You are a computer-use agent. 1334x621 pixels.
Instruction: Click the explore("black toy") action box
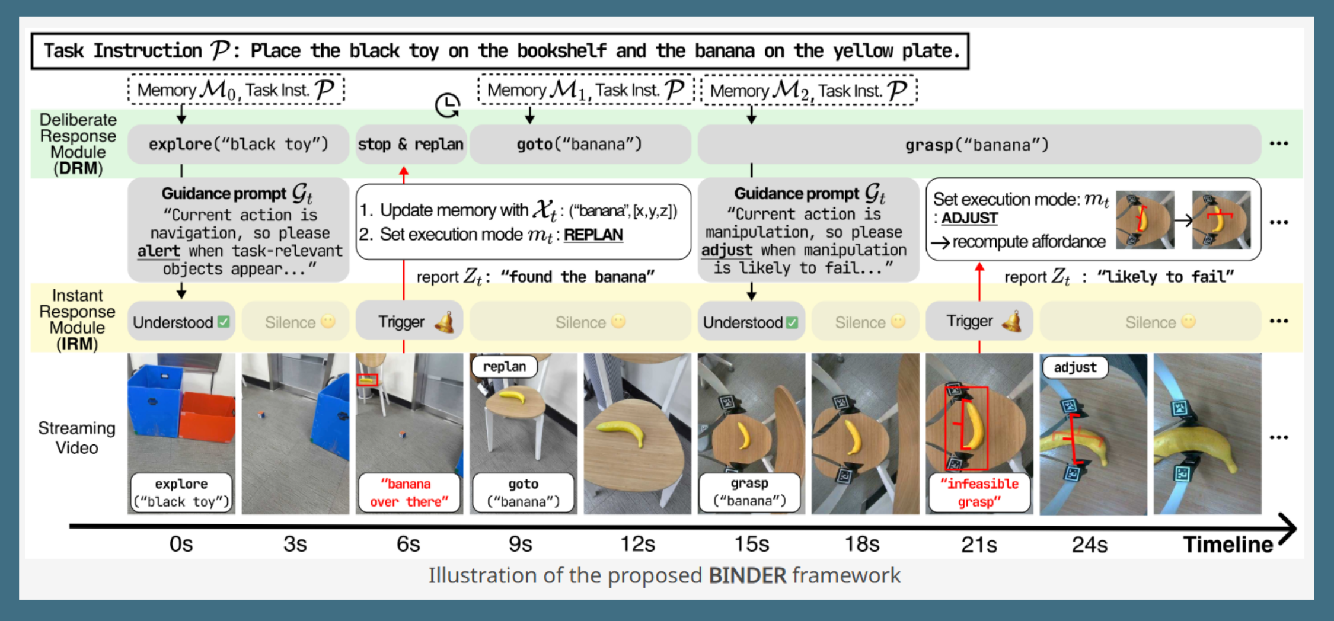(x=238, y=144)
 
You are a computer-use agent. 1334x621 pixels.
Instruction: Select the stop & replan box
(x=410, y=144)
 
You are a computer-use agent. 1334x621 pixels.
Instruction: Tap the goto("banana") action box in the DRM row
(x=579, y=144)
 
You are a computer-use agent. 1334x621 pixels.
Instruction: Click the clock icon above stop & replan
(x=448, y=105)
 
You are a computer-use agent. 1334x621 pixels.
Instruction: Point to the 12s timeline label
(x=637, y=544)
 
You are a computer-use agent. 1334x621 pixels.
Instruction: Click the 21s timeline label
(x=979, y=544)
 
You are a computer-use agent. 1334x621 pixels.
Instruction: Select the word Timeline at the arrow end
(x=1228, y=544)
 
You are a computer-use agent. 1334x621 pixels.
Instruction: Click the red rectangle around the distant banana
(x=367, y=380)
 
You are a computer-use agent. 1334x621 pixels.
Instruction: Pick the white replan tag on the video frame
(x=504, y=367)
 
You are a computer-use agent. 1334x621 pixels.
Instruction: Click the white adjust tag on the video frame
(x=1074, y=367)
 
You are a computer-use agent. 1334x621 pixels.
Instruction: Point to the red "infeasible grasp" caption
(x=979, y=492)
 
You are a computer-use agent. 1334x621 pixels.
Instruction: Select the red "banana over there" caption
(x=409, y=492)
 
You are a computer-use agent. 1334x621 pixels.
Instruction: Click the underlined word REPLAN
(x=593, y=235)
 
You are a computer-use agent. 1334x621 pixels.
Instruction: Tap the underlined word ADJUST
(x=969, y=218)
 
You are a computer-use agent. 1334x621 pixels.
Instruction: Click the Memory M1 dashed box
(x=586, y=90)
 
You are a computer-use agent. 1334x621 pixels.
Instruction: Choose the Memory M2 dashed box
(x=809, y=91)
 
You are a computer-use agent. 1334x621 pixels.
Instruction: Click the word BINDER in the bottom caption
(x=747, y=575)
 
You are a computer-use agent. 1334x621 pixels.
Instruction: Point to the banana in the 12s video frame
(x=621, y=432)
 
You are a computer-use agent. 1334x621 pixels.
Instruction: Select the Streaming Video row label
(x=76, y=437)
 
